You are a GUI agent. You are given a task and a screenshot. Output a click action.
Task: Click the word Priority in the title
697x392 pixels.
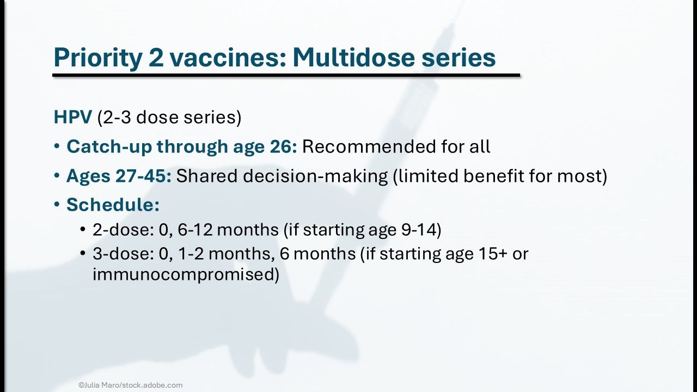[97, 58]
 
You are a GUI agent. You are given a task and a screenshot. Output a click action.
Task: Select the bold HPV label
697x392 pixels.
[73, 117]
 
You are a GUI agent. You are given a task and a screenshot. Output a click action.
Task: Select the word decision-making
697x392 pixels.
[315, 176]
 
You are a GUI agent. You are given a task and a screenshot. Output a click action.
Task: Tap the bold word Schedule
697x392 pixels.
[113, 204]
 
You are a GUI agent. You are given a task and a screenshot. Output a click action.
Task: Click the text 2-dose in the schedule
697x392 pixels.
[123, 230]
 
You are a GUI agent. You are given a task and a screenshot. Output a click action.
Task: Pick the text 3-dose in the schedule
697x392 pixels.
[123, 254]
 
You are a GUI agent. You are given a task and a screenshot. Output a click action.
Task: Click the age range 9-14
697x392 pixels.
[418, 230]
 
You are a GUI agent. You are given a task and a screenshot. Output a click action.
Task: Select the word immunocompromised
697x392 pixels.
[184, 275]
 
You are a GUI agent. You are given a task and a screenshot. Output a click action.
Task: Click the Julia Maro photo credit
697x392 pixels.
[130, 385]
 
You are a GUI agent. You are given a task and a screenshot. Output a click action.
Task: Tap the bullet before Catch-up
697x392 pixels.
[57, 146]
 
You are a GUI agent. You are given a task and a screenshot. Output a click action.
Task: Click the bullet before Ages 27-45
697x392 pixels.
[57, 175]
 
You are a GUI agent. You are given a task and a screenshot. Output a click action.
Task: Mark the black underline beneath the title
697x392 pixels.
[286, 75]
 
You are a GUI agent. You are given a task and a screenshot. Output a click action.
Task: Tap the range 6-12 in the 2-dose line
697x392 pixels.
[195, 230]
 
